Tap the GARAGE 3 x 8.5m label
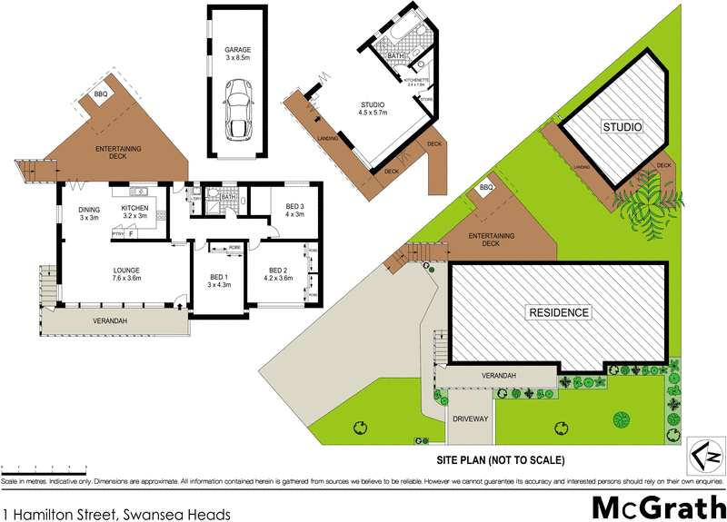click(x=238, y=54)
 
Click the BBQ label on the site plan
click(x=486, y=188)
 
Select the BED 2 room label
click(x=277, y=273)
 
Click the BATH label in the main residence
click(x=227, y=197)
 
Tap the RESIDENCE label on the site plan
click(x=558, y=312)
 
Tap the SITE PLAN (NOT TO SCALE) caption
click(x=513, y=458)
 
